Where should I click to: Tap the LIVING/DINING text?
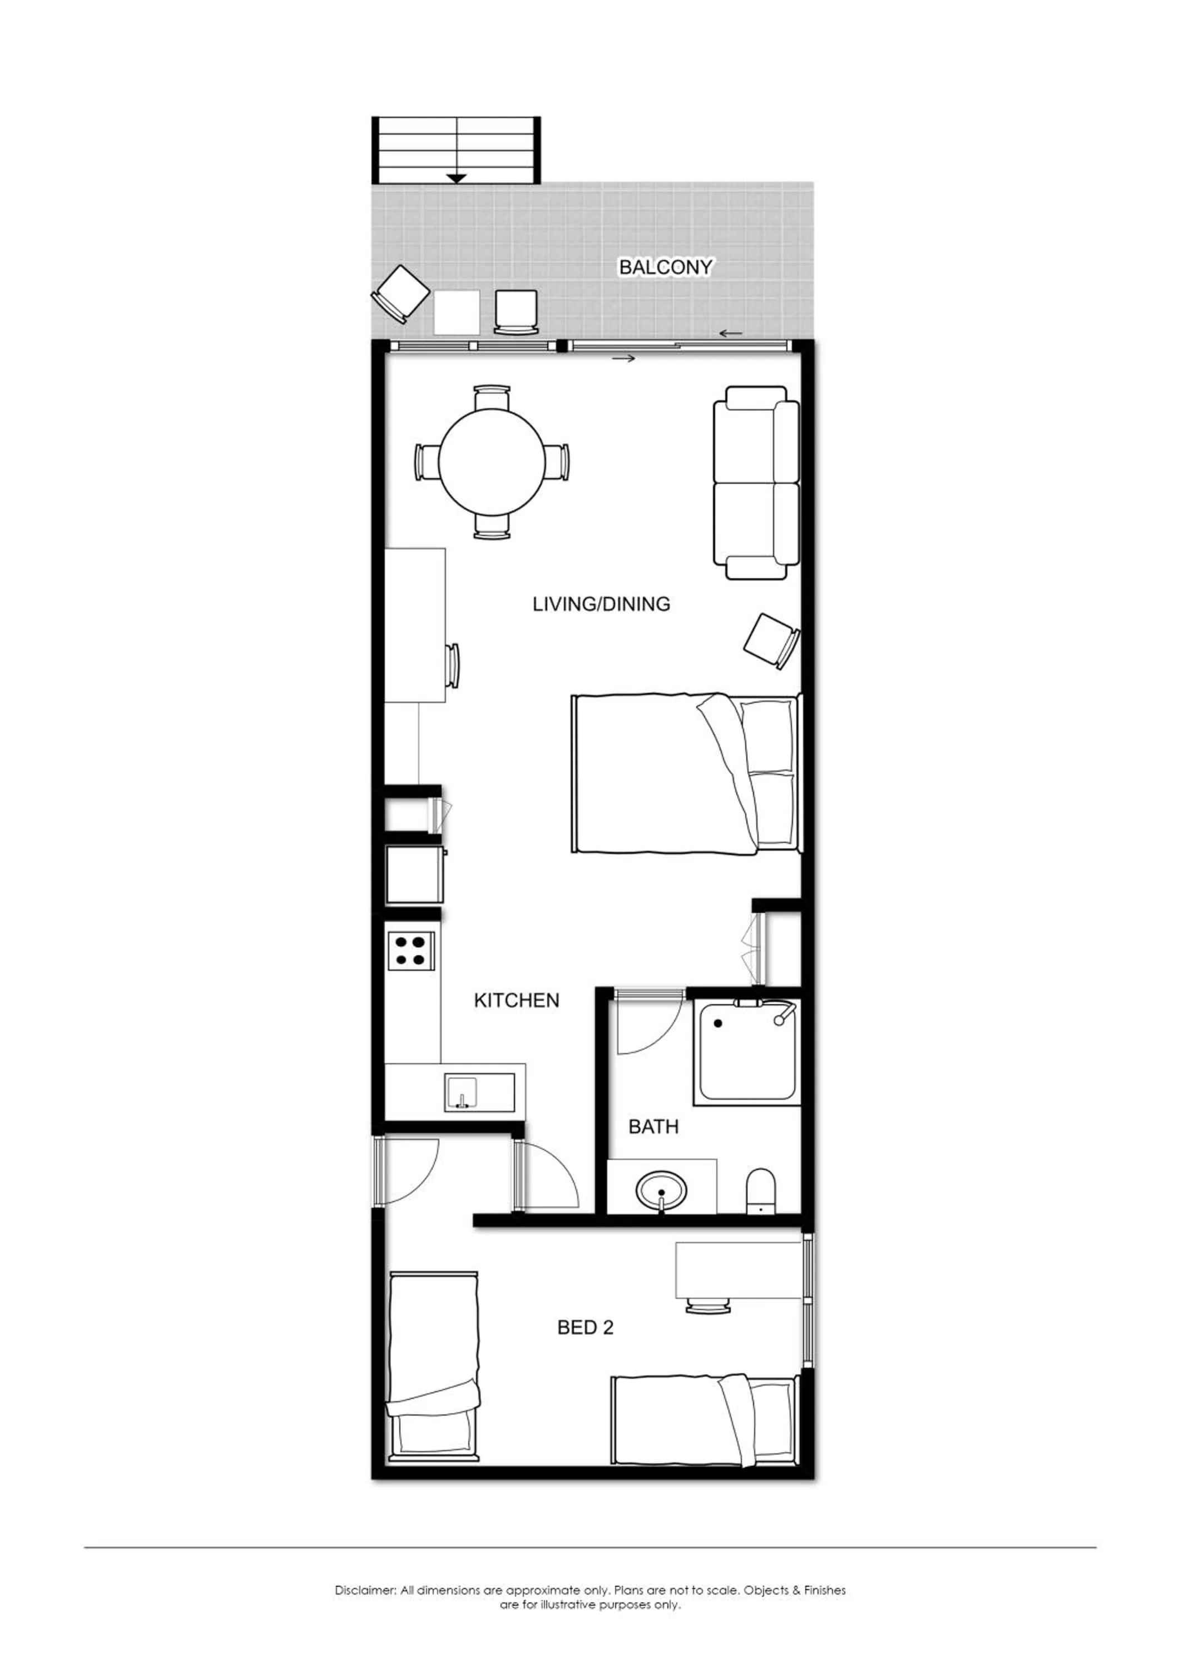coord(602,604)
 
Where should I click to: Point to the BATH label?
coord(653,1127)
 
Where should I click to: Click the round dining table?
coord(492,461)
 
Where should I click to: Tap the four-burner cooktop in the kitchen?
coord(411,951)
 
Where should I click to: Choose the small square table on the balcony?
coord(456,312)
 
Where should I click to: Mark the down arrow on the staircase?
coord(456,177)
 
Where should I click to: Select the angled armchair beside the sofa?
coord(771,640)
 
